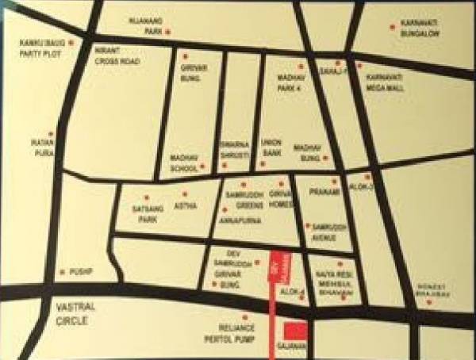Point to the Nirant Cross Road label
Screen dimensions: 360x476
(x=117, y=56)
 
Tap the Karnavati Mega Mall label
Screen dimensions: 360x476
(x=386, y=83)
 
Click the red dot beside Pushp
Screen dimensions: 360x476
(x=63, y=272)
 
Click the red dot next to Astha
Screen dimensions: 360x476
(x=185, y=193)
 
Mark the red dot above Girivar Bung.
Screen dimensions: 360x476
(x=185, y=56)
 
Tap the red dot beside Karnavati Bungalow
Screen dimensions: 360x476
(x=392, y=27)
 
